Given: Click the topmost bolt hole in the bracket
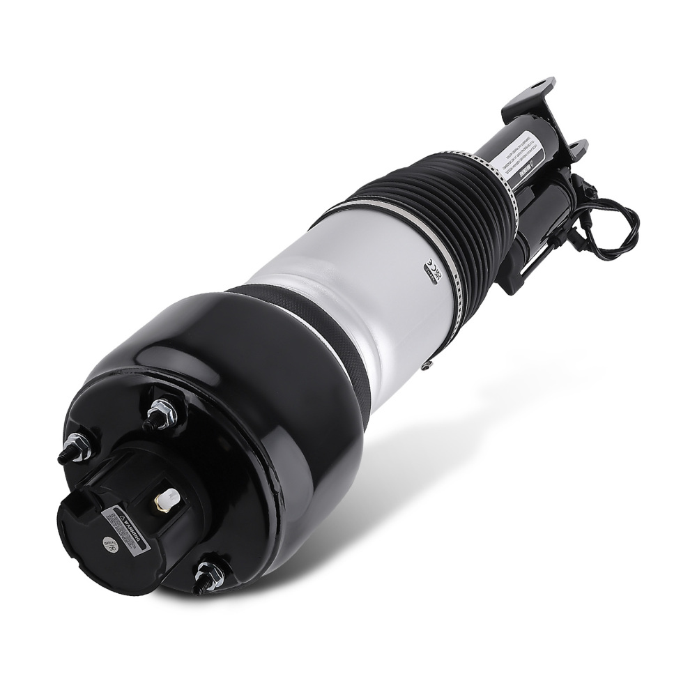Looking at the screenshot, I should [x=539, y=88].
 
